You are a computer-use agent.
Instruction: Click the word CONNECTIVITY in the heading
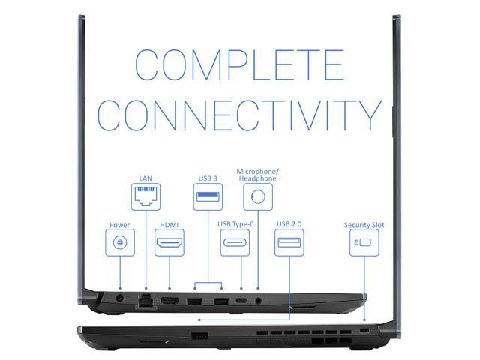click(x=239, y=113)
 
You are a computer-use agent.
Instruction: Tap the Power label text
click(x=120, y=224)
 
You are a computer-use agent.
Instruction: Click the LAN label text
click(x=145, y=178)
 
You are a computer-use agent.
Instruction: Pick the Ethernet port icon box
click(x=145, y=197)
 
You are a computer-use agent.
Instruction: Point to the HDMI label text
click(x=169, y=224)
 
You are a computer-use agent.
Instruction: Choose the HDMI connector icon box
click(x=169, y=243)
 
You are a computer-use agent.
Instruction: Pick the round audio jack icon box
click(x=259, y=197)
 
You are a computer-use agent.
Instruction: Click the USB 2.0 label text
click(x=289, y=224)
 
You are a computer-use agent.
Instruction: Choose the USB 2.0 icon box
click(x=289, y=243)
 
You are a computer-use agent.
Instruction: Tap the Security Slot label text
click(x=363, y=224)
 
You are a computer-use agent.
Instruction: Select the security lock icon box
click(x=363, y=243)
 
